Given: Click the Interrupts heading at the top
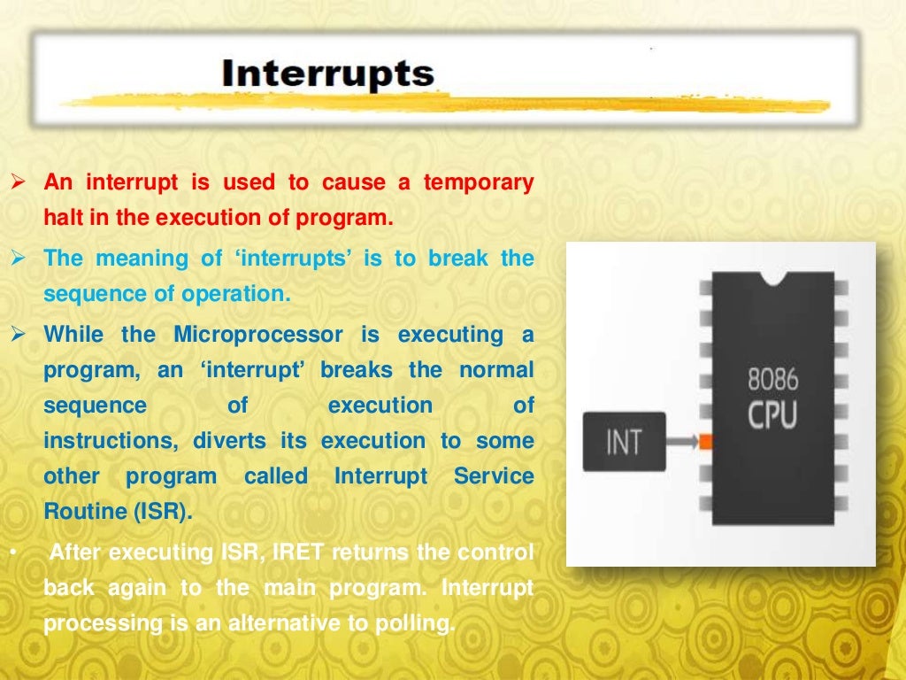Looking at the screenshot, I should tap(328, 73).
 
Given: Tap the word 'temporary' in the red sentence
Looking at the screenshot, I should tap(478, 183).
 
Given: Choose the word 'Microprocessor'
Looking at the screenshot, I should tap(257, 335).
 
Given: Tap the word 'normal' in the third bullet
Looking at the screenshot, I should tap(495, 370).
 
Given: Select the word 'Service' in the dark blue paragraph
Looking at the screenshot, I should tap(494, 476).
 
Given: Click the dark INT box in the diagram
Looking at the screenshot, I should tap(624, 441).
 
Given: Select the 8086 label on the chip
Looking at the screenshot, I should tap(772, 380).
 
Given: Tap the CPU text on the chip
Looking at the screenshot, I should tap(772, 414).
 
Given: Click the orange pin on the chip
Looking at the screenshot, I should tap(706, 441).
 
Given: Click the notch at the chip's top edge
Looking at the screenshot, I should tap(775, 279).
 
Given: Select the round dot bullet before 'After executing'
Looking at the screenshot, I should tap(16, 553).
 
